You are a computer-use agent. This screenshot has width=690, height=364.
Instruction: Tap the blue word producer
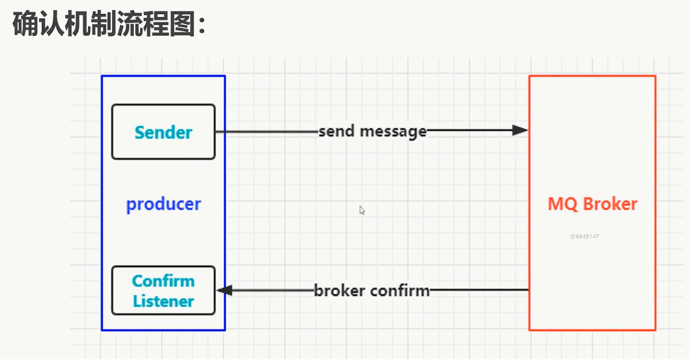click(x=163, y=204)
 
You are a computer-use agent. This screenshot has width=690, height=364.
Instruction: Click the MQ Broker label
click(x=592, y=204)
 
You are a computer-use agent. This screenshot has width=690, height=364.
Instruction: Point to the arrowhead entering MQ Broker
click(x=520, y=130)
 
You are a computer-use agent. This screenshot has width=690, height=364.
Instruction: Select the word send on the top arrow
click(x=334, y=131)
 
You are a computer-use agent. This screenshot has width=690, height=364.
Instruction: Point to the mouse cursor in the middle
click(x=362, y=210)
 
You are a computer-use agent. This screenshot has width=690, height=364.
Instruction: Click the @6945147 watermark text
click(x=584, y=236)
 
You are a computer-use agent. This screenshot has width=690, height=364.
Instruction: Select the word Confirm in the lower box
click(x=163, y=281)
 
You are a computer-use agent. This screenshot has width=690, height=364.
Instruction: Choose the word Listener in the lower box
click(x=163, y=301)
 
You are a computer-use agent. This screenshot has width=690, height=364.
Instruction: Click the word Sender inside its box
click(x=163, y=132)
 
